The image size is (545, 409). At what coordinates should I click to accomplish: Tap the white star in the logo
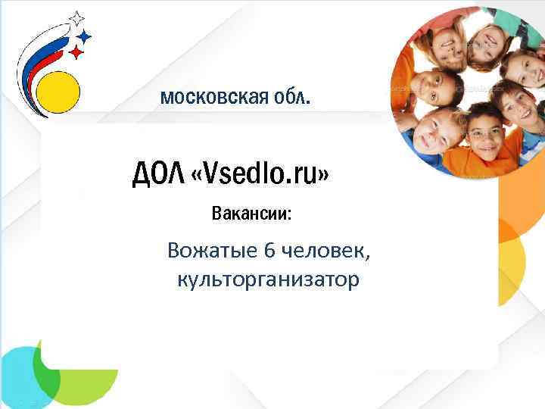coord(76,18)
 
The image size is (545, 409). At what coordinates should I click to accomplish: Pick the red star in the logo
coord(76,52)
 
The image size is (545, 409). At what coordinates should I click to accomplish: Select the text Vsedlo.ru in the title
coord(264,175)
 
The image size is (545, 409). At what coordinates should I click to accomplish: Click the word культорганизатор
coord(267,279)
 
